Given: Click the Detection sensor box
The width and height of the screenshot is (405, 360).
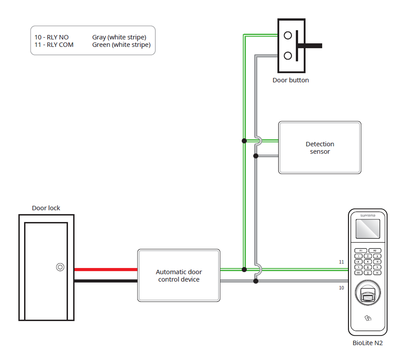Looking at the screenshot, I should click(x=320, y=148).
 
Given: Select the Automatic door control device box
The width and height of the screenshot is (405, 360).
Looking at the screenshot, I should click(x=178, y=275).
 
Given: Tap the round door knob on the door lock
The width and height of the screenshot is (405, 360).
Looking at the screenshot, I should click(x=60, y=267).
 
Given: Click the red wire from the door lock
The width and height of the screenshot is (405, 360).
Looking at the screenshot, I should click(x=106, y=270).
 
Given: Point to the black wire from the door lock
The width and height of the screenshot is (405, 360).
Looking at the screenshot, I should click(x=106, y=281).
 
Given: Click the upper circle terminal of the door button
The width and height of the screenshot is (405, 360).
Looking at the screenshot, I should click(x=288, y=35).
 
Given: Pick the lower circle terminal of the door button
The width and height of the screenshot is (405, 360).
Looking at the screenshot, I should click(x=288, y=56).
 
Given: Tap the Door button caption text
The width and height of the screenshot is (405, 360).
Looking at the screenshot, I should click(x=291, y=80).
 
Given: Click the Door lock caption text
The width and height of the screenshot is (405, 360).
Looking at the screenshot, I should click(x=46, y=208).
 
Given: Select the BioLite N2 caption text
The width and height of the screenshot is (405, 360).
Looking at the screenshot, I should click(x=367, y=343).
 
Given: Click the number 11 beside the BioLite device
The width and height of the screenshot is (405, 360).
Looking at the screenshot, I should click(x=341, y=262).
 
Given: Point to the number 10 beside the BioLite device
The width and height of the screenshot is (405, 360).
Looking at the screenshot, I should click(x=341, y=288).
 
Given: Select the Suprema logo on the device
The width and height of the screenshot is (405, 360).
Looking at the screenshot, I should click(x=367, y=216).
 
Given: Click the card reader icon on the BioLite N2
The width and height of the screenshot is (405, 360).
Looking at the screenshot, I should click(x=367, y=319).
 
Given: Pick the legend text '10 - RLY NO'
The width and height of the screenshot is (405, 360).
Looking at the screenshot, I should click(x=52, y=38).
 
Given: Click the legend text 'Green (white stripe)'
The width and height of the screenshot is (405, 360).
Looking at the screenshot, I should click(x=121, y=45).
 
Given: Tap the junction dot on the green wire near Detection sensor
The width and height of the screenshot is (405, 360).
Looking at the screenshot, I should click(x=244, y=141).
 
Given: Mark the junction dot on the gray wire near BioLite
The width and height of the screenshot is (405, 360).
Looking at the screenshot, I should click(x=256, y=281).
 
